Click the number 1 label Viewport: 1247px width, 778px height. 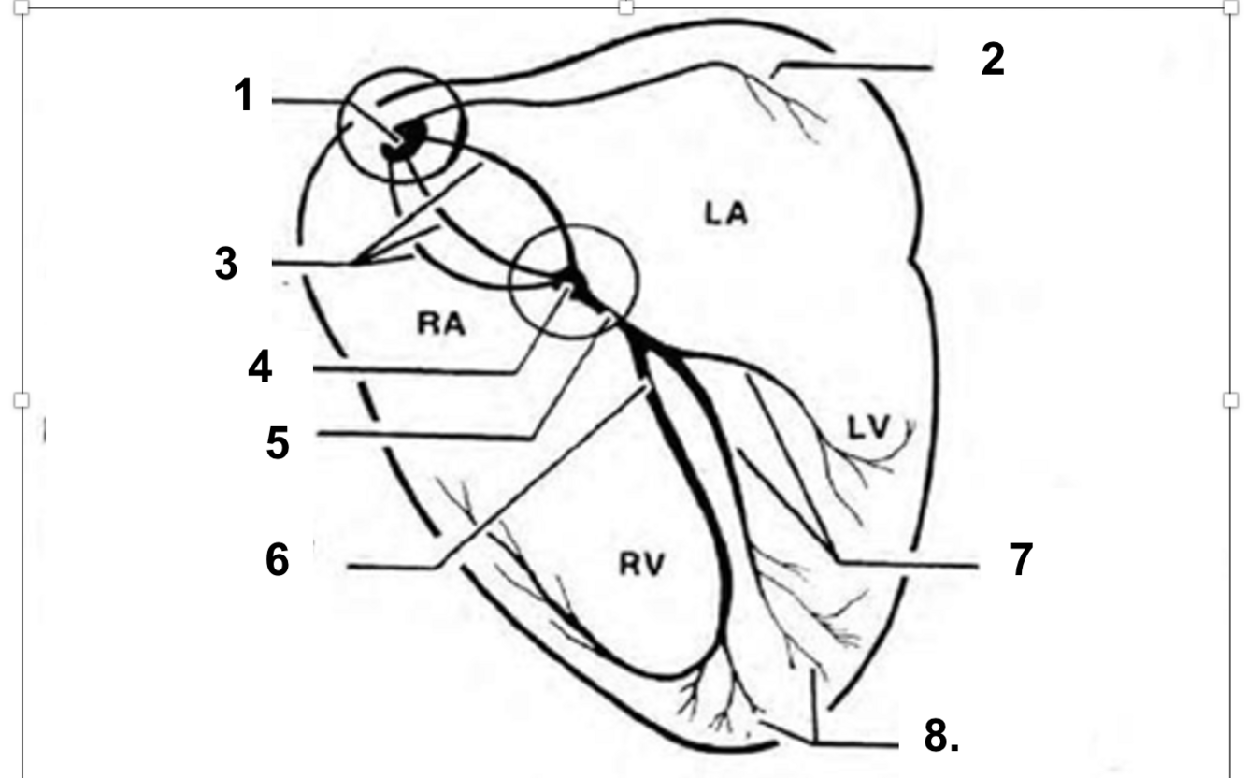coord(243,95)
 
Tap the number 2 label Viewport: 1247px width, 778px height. coord(992,60)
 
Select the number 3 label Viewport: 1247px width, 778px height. coord(225,265)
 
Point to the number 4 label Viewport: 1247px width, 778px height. coord(259,367)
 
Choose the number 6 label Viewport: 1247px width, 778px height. coord(277,561)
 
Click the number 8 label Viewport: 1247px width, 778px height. coord(939,737)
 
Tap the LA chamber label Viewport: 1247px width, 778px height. coord(725,214)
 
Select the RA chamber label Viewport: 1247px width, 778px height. coord(442,324)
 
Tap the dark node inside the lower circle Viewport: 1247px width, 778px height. coord(571,280)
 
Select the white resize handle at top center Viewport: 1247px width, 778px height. coord(625,7)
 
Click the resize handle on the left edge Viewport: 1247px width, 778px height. coord(21,400)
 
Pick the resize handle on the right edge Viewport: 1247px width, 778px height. coord(1230,400)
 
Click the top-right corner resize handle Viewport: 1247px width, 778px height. coord(1230,7)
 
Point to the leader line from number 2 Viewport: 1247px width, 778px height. coord(855,67)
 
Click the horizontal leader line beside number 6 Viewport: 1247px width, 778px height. coord(393,567)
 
